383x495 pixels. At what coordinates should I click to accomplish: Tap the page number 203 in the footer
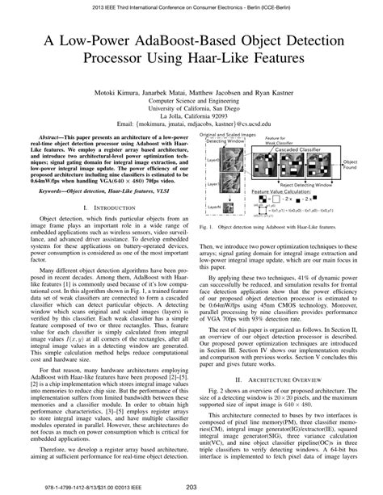(191, 486)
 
